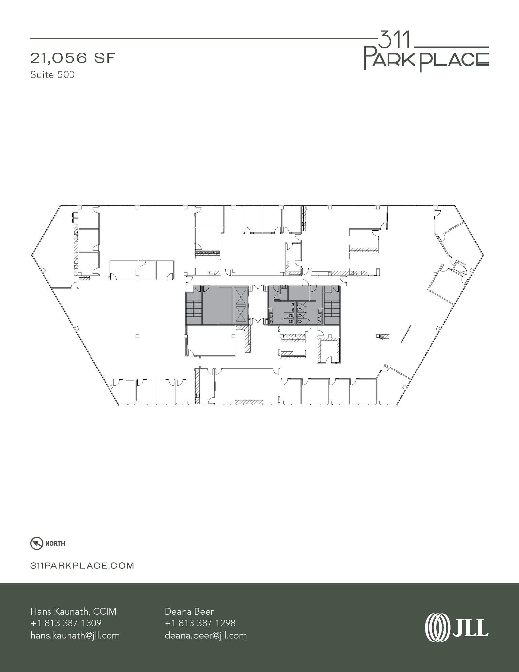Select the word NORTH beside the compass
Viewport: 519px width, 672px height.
tap(55, 544)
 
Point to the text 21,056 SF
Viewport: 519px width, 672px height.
tap(73, 58)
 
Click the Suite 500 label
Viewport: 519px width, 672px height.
tap(52, 75)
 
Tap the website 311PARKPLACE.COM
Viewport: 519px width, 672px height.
tap(82, 566)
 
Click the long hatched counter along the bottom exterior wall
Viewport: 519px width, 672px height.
tap(249, 402)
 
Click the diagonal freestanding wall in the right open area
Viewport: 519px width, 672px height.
tap(406, 333)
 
